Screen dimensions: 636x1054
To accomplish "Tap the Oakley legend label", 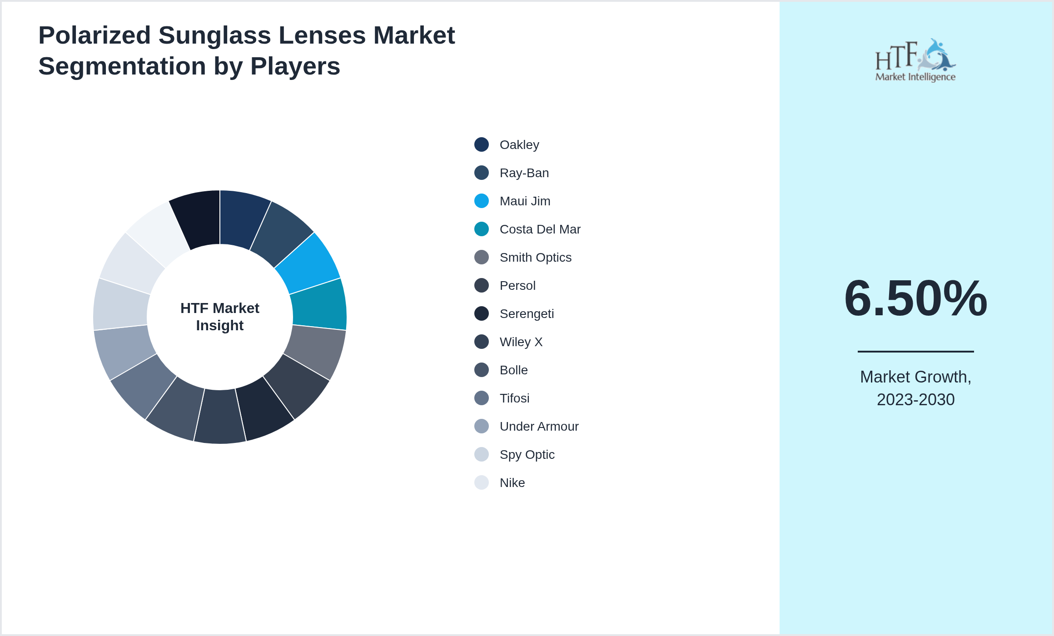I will (519, 145).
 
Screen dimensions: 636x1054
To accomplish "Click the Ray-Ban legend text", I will (524, 173).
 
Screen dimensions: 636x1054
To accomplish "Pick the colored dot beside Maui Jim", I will (482, 201).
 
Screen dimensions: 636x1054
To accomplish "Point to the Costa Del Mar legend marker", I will (482, 229).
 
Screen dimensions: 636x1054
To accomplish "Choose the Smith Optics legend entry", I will (535, 258).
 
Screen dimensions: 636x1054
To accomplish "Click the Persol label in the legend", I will (517, 286).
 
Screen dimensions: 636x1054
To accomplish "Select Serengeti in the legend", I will (527, 314).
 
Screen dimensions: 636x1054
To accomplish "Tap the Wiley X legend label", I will (521, 342).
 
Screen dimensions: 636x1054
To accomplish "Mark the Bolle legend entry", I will (513, 370).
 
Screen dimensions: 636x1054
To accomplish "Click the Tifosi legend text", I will (514, 398).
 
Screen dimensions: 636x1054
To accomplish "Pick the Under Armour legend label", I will (539, 427).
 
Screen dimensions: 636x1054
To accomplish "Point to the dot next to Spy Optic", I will (482, 454).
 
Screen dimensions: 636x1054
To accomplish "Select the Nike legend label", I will (512, 483).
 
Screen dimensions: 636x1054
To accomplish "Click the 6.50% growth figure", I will (915, 298).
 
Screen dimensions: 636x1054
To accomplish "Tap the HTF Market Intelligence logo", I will (915, 60).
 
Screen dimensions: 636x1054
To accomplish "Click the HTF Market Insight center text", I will (220, 317).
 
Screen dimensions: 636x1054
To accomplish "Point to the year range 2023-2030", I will (915, 400).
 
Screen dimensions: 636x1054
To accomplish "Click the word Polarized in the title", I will (94, 35).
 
